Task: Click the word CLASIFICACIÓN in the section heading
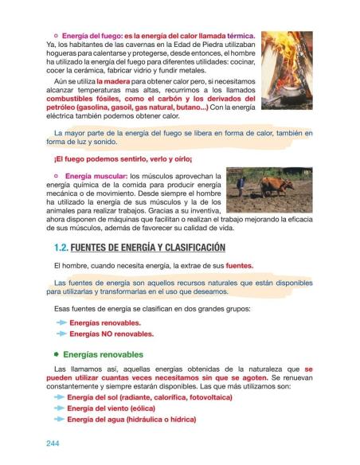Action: (189, 247)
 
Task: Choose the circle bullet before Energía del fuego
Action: (56, 37)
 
